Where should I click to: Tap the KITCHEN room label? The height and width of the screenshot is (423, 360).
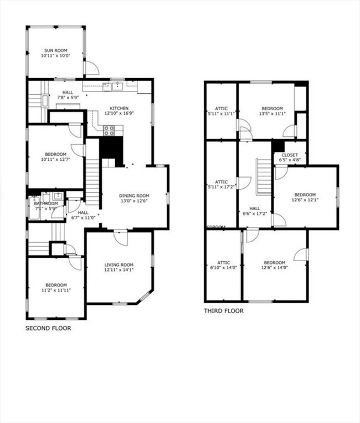point(119,108)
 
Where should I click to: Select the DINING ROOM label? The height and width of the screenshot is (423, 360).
point(135,195)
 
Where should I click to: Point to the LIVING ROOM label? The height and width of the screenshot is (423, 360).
point(119,264)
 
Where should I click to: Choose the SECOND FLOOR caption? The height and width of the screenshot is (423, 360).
point(48,328)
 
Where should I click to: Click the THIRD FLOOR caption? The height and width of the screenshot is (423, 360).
point(224,311)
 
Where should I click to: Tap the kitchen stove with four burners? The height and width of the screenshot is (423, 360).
point(109,130)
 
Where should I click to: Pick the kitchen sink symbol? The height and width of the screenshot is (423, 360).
point(117,86)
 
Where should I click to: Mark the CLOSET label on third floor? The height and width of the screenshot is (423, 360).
point(290,155)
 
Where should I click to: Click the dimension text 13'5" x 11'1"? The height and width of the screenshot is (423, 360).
point(272,114)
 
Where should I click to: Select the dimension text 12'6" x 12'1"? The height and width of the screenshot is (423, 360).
point(305,201)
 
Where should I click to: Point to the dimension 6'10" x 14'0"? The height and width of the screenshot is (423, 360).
point(224,267)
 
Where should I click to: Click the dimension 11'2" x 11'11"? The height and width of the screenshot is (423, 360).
point(56,290)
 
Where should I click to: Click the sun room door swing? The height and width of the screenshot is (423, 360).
point(91,68)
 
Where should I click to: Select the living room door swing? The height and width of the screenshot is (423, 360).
point(121,238)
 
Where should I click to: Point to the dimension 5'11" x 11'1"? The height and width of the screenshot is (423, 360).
point(222,114)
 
